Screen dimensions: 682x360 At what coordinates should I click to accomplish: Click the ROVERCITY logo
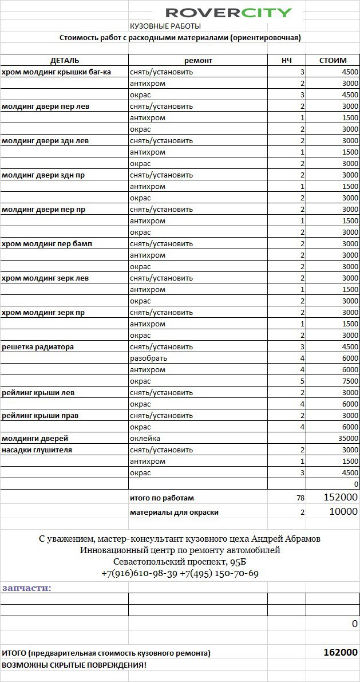coord(229,13)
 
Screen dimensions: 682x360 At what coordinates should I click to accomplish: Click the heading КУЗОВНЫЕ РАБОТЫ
coord(165,26)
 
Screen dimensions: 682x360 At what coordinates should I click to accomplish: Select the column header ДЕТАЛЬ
coord(65,60)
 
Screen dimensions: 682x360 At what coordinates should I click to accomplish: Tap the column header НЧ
coord(287,60)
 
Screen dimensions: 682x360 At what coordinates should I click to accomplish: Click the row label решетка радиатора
coord(38,347)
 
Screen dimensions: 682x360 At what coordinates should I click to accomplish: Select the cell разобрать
coord(148,358)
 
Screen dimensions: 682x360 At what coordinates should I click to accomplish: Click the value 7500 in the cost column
coord(350,381)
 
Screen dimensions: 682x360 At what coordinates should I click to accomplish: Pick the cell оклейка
coord(145,439)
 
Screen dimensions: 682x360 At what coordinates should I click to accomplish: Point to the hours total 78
coord(300,499)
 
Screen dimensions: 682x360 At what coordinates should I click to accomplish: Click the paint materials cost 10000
coord(343,512)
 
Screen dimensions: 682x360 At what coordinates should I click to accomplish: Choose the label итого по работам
coord(162,499)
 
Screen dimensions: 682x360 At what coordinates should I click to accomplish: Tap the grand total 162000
coord(341,652)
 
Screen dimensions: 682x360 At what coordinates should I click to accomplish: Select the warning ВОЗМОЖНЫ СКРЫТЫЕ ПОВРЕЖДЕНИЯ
coord(74,665)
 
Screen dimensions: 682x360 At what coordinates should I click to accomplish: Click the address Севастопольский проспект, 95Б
coord(180,562)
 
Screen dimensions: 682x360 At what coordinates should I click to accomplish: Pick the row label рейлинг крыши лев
coord(38,393)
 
